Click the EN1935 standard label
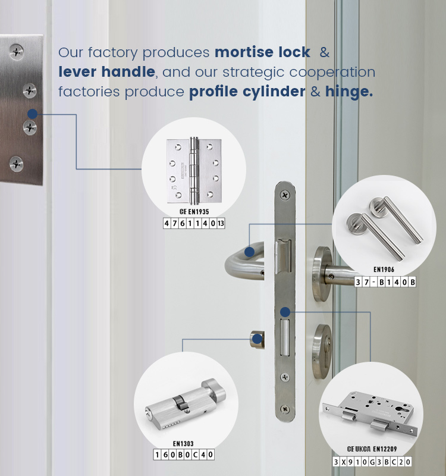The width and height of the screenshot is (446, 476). pyautogui.click(x=199, y=212)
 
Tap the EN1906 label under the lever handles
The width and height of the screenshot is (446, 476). pyautogui.click(x=384, y=270)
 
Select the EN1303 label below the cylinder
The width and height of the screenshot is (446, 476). pyautogui.click(x=183, y=443)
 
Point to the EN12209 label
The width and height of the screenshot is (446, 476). pyautogui.click(x=385, y=449)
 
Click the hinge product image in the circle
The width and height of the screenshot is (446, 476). pyautogui.click(x=194, y=170)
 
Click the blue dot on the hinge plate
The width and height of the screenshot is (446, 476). pyautogui.click(x=33, y=114)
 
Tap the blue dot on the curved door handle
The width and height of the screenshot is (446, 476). pyautogui.click(x=249, y=252)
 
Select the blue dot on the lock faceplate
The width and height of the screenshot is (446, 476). pyautogui.click(x=285, y=312)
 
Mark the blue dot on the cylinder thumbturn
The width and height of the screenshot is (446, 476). pyautogui.click(x=257, y=339)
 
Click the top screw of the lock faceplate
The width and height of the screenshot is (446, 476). pyautogui.click(x=285, y=195)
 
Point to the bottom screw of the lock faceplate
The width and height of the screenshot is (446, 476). pyautogui.click(x=285, y=409)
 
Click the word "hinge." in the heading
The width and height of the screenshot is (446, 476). pyautogui.click(x=349, y=92)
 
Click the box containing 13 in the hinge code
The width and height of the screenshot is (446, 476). pyautogui.click(x=221, y=224)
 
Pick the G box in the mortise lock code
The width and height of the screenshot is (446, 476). pyautogui.click(x=372, y=462)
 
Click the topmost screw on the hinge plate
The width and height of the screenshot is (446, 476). pyautogui.click(x=17, y=52)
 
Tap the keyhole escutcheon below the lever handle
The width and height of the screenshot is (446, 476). pyautogui.click(x=322, y=351)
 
